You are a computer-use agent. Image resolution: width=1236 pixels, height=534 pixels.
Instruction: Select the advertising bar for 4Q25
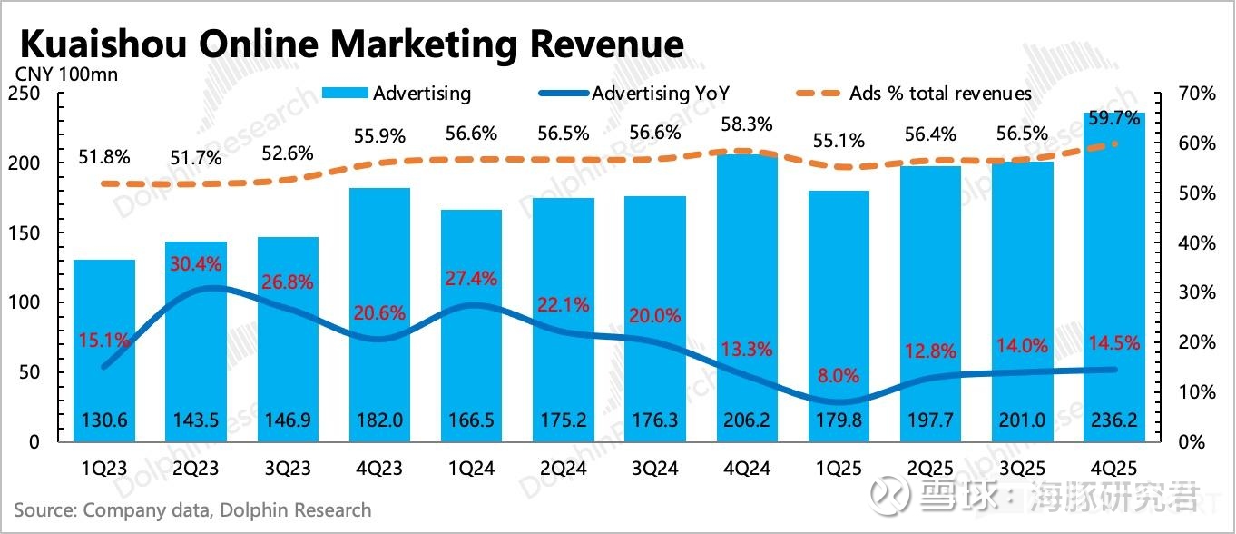[x=1113, y=272]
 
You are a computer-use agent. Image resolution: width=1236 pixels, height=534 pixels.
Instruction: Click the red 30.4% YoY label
[x=196, y=263]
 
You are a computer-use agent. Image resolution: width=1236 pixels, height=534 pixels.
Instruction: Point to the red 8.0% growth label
[x=838, y=375]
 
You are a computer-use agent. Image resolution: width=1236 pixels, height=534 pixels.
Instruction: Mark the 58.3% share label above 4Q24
[x=747, y=124]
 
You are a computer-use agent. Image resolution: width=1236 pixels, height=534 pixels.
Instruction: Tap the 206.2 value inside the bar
[x=747, y=421]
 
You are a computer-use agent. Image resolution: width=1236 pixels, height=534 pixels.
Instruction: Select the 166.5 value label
[x=471, y=421]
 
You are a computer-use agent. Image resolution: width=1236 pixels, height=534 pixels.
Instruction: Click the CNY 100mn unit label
[x=65, y=74]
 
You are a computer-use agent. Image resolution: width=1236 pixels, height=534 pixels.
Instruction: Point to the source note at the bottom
[x=192, y=510]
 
